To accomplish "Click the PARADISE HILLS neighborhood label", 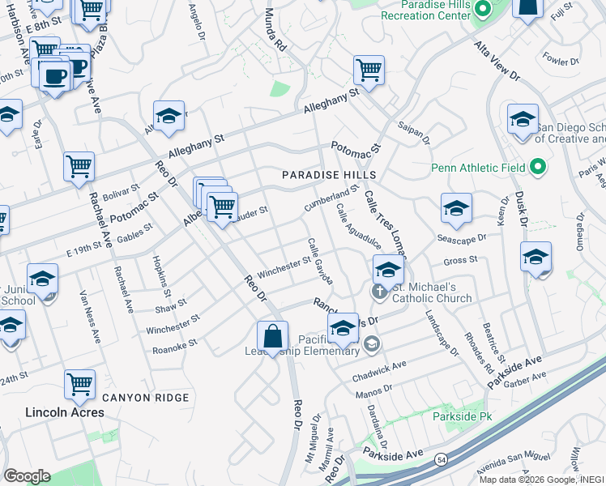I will [x=329, y=175].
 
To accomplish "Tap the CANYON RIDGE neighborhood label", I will [x=145, y=398].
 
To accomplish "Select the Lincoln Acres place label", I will [x=65, y=412].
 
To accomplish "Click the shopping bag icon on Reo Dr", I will [x=273, y=336].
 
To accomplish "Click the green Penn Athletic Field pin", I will [x=536, y=168].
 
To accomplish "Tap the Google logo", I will [x=27, y=475].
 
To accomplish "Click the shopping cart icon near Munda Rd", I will [x=369, y=70].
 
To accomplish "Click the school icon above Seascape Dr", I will [x=456, y=208].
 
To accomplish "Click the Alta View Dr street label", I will [x=497, y=60].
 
